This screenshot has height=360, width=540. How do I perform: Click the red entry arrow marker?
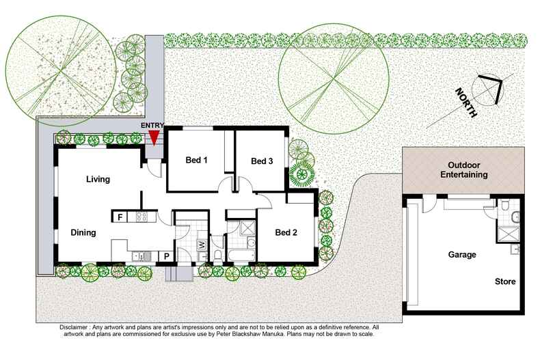[154, 137]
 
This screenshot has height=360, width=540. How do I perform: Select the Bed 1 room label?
[197, 161]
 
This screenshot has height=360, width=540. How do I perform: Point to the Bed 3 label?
[262, 161]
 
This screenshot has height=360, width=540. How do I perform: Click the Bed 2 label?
[286, 232]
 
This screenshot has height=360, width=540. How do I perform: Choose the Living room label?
[98, 179]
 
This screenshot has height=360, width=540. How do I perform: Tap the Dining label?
[83, 232]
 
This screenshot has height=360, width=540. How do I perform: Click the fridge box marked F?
[120, 217]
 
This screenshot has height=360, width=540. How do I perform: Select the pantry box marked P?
[165, 256]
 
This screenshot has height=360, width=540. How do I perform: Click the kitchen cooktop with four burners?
[142, 217]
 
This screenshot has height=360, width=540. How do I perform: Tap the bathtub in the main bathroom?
[241, 256]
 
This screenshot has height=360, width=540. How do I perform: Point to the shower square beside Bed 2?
[247, 227]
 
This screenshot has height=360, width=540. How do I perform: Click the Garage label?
[462, 254]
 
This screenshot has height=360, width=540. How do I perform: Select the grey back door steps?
[179, 273]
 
